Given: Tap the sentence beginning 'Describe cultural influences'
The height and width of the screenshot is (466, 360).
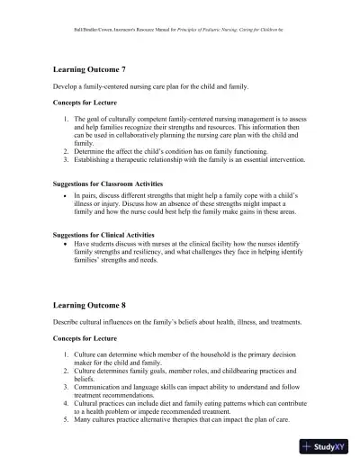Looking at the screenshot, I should pyautogui.click(x=170, y=323).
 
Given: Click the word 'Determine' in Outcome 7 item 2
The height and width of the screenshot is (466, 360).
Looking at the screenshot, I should pyautogui.click(x=90, y=151).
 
